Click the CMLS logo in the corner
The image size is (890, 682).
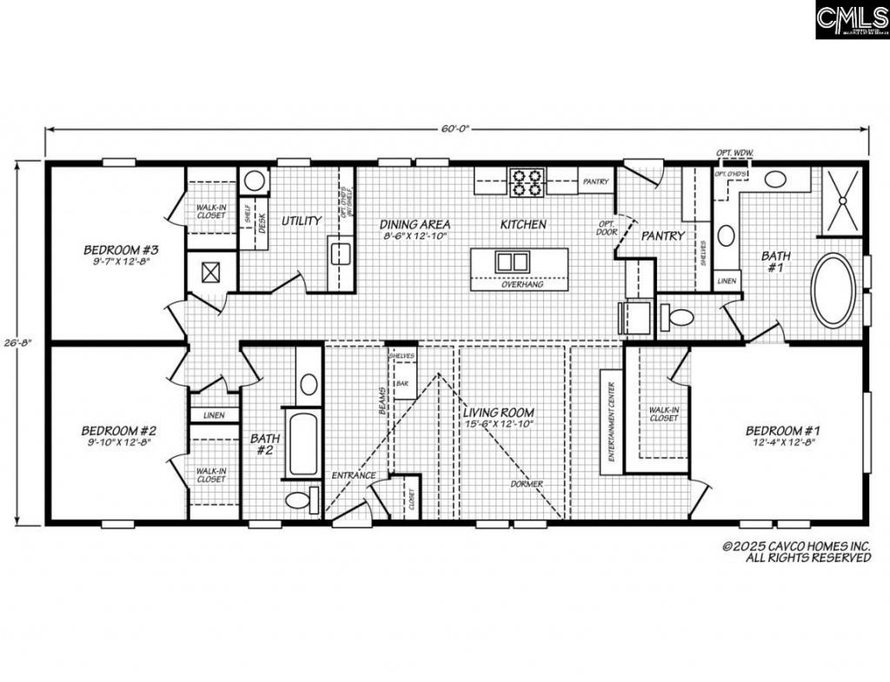(x=851, y=19)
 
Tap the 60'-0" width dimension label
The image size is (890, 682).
(x=454, y=129)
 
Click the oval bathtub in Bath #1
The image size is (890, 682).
(x=833, y=290)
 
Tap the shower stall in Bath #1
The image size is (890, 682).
(x=842, y=201)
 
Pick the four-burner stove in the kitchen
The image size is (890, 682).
(x=526, y=181)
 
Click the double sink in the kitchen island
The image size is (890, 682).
(x=512, y=261)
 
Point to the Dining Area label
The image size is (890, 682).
(x=415, y=224)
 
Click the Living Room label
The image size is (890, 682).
(x=498, y=412)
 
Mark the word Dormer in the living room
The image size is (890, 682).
(x=527, y=483)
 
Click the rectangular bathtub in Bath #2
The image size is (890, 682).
(x=303, y=444)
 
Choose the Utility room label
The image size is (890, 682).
(x=302, y=221)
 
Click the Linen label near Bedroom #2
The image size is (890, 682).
(x=213, y=415)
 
